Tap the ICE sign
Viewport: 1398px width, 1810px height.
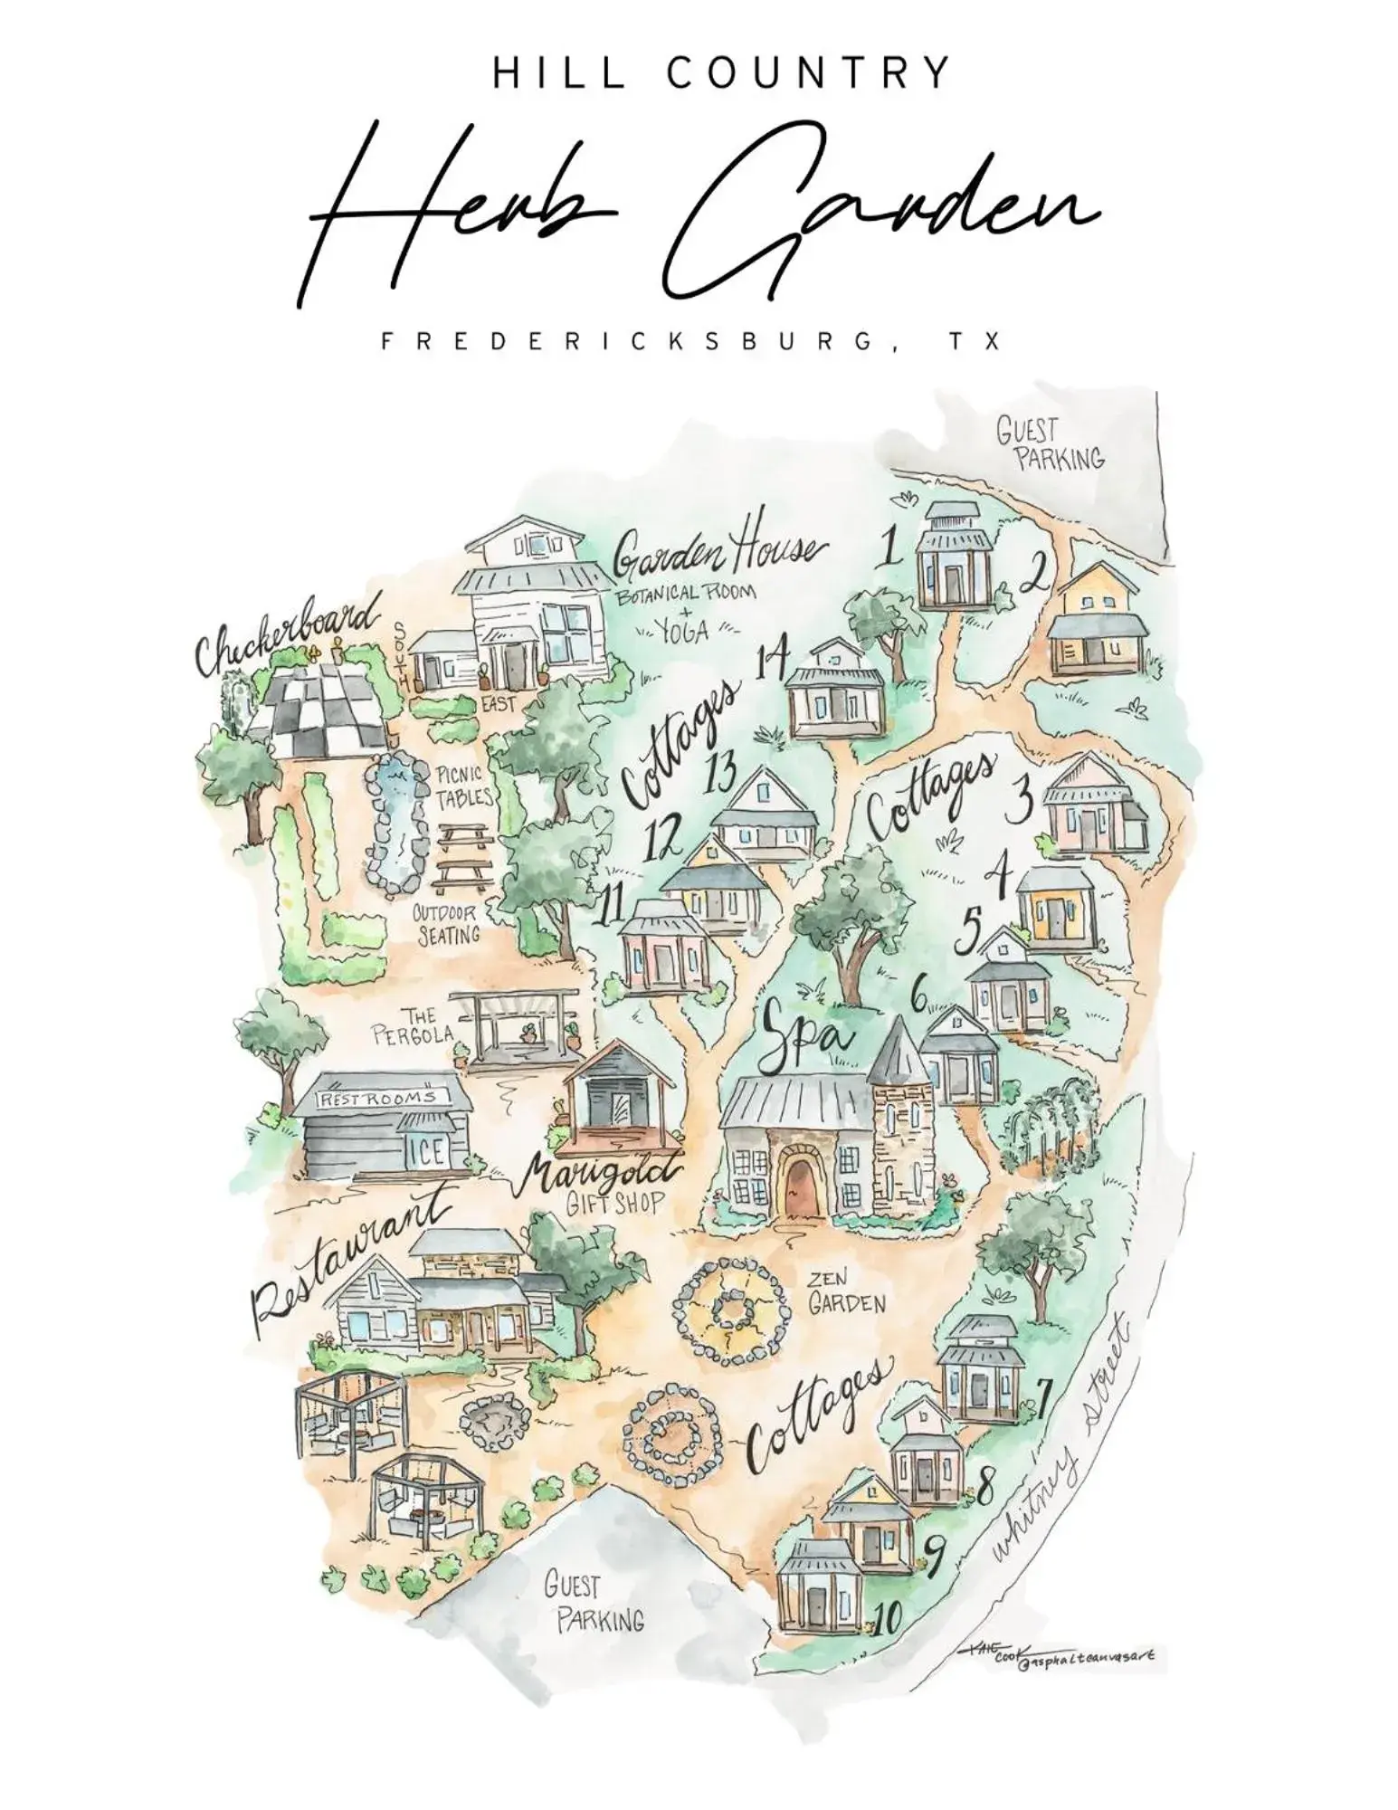pyautogui.click(x=427, y=1151)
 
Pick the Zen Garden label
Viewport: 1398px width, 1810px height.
pyautogui.click(x=846, y=1292)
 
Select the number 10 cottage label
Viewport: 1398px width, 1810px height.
pyautogui.click(x=888, y=1620)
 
